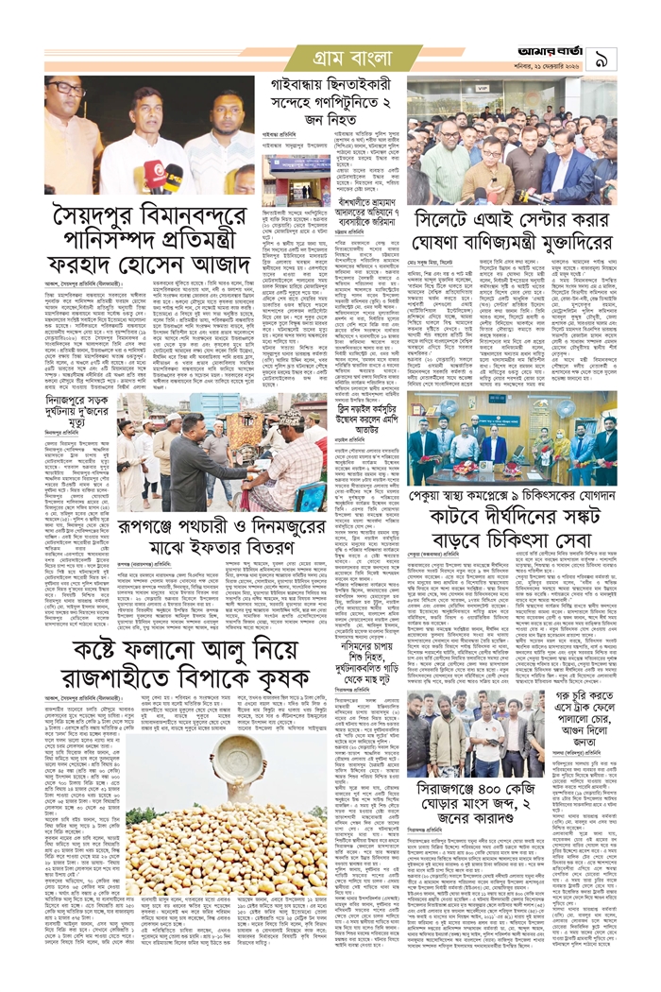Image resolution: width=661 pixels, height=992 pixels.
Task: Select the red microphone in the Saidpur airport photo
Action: pos(152,173)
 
